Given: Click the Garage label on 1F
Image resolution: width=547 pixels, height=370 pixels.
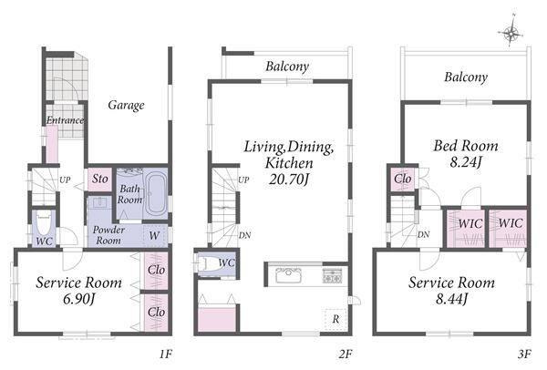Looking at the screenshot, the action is click(126, 106).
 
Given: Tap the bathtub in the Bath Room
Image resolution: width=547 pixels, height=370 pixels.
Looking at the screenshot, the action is click(156, 194).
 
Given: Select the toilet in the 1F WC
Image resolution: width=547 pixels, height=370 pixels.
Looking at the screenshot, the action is click(44, 223).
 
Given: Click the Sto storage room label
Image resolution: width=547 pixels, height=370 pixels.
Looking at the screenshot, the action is click(100, 179).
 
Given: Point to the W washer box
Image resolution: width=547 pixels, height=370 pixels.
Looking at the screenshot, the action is click(155, 236).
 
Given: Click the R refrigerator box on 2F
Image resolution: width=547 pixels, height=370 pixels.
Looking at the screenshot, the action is click(335, 319).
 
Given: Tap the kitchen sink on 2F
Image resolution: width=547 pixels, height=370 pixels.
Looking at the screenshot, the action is click(288, 275).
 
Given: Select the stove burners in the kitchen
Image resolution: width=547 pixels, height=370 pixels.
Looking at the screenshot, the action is click(332, 275).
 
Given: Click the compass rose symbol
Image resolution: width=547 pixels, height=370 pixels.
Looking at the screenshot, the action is click(511, 33).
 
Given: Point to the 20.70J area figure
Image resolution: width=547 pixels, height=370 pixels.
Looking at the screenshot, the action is click(289, 180).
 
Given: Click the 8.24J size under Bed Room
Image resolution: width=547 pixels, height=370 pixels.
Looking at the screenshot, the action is click(466, 162).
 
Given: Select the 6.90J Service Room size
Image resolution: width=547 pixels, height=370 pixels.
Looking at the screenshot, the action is click(79, 299).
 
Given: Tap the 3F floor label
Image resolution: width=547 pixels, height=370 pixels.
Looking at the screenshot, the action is click(524, 355).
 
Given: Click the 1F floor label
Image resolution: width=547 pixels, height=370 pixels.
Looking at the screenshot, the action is click(166, 355).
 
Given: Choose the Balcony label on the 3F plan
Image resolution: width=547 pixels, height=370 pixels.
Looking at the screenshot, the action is click(466, 77).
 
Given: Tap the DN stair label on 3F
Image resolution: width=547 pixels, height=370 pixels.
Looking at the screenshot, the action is click(424, 235).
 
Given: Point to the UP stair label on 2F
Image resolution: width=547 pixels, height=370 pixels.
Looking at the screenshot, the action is click(243, 180).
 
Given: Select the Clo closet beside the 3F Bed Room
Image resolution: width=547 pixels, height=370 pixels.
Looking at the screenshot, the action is click(403, 180).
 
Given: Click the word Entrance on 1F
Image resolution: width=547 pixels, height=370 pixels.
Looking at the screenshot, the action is click(66, 120).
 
